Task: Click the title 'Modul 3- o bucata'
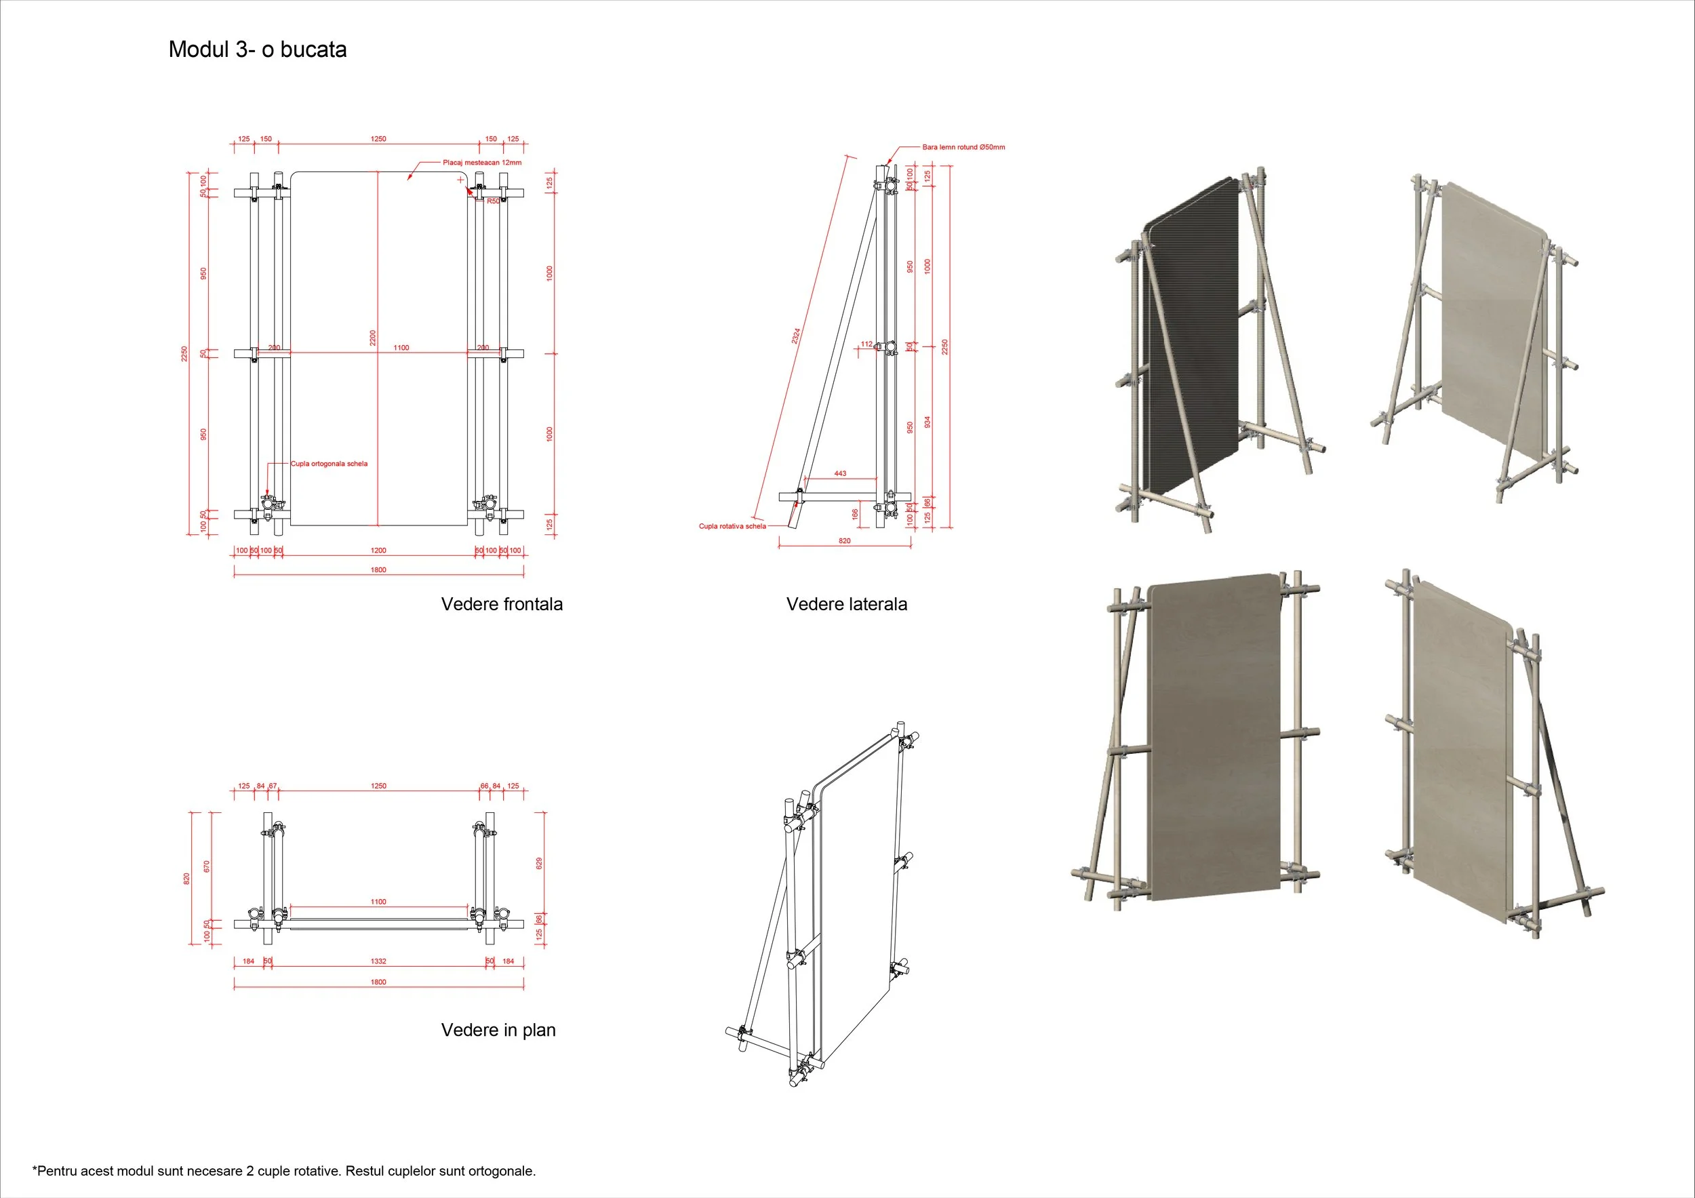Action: coord(258,49)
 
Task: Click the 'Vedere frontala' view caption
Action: coord(501,604)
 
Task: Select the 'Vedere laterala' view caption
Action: coord(846,604)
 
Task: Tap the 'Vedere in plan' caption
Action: coord(498,1030)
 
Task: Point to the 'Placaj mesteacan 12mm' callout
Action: coord(482,163)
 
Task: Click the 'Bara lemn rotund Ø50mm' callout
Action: coord(963,147)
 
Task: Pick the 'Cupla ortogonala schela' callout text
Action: coord(330,464)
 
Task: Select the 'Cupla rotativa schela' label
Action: coord(732,526)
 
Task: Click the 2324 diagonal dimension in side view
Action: coord(796,336)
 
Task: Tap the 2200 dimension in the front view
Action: coord(373,338)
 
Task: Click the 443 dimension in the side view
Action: coord(840,473)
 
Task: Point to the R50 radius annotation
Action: coord(493,201)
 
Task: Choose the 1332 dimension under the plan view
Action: coord(378,961)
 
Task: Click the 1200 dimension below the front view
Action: coord(378,550)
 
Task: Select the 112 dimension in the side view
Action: coord(866,344)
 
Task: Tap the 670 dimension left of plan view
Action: coord(207,866)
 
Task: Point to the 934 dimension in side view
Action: coord(928,422)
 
